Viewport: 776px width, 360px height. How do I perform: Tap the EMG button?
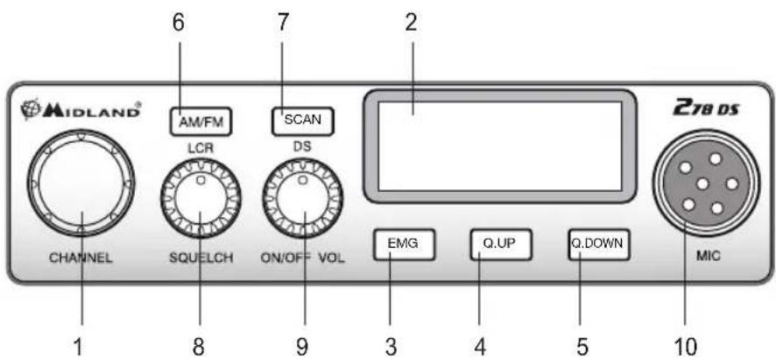tap(405, 244)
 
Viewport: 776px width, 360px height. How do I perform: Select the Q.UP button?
tap(501, 244)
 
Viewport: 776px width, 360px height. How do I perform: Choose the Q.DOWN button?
tap(599, 244)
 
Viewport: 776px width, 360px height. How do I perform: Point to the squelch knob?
tap(201, 198)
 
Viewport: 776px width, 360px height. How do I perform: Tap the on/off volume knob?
tap(302, 198)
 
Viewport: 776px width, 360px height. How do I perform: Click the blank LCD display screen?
tap(500, 146)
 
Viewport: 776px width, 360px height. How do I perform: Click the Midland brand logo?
tap(81, 110)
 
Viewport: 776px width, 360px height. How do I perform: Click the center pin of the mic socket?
tap(702, 184)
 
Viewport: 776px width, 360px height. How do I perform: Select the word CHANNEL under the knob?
tap(81, 258)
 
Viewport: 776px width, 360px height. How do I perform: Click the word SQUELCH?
tap(201, 258)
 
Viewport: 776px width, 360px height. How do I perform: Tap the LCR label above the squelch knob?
tap(201, 148)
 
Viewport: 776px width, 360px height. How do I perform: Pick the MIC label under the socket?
tap(705, 256)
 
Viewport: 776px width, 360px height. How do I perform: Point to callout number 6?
tap(178, 23)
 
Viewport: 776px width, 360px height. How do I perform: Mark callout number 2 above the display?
tap(412, 23)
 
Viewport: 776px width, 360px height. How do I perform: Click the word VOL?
tap(332, 258)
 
